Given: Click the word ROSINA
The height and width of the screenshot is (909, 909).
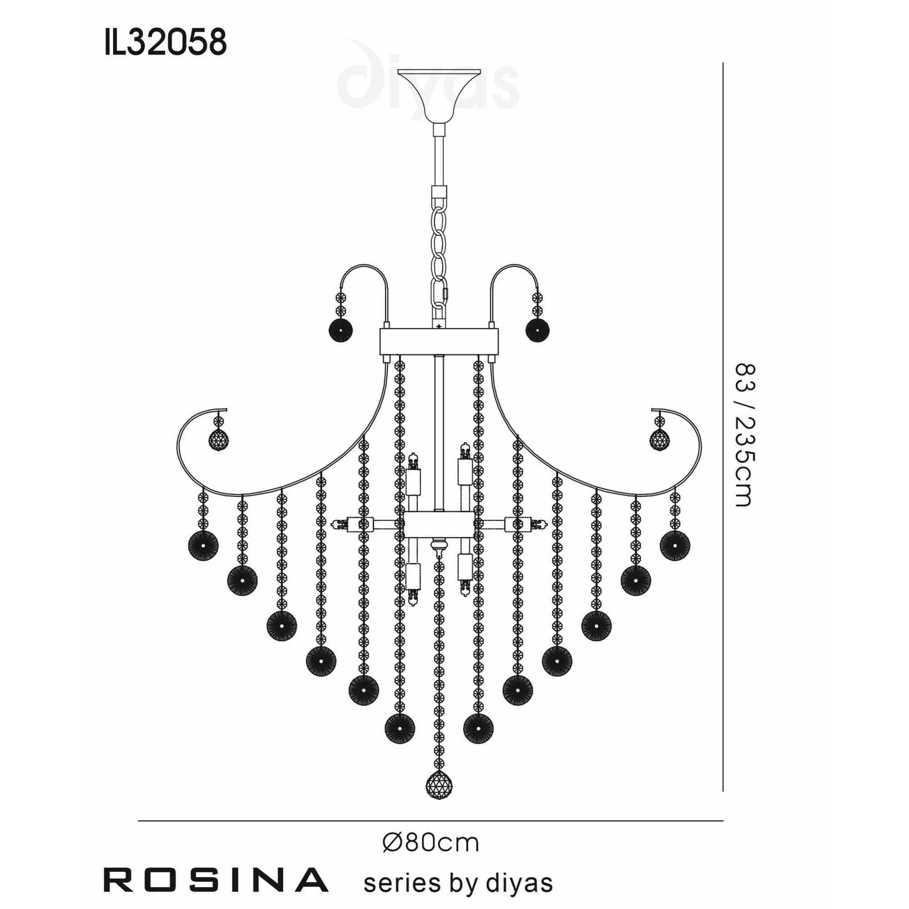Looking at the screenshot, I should coord(215,880).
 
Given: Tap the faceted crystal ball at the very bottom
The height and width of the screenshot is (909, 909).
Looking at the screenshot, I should coord(439,785).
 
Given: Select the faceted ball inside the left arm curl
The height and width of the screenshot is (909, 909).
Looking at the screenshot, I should coord(219,440).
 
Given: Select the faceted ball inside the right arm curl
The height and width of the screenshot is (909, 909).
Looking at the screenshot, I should coord(659,440).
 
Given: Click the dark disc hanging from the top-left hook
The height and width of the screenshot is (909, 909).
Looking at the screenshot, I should coord(340,330).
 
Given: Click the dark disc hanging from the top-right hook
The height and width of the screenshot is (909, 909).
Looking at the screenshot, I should coord(537,330).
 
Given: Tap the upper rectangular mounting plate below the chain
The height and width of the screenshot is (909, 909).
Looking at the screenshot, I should coord(439,342).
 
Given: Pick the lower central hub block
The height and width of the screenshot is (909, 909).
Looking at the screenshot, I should coord(439,525).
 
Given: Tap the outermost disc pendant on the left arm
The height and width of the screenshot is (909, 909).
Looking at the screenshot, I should coord(203,546).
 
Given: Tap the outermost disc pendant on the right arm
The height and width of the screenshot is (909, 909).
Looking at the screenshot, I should coord(674,546).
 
